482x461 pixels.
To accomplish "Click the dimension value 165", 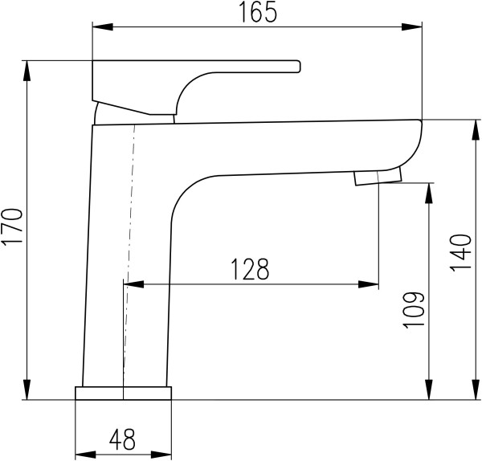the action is [x=258, y=12].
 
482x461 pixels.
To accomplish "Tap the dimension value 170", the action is [x=12, y=226].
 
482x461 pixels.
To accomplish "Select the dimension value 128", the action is [x=250, y=269].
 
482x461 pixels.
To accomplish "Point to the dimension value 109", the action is [x=414, y=310].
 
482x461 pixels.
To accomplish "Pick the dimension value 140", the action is [x=461, y=253].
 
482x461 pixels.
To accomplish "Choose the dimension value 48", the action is [x=122, y=439].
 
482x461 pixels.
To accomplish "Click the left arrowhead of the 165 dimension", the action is [x=103, y=27].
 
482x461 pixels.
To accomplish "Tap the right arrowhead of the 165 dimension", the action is [x=412, y=27].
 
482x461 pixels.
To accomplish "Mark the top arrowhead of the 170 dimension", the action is [x=27, y=71].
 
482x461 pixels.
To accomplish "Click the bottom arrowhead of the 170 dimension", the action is [x=27, y=390].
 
